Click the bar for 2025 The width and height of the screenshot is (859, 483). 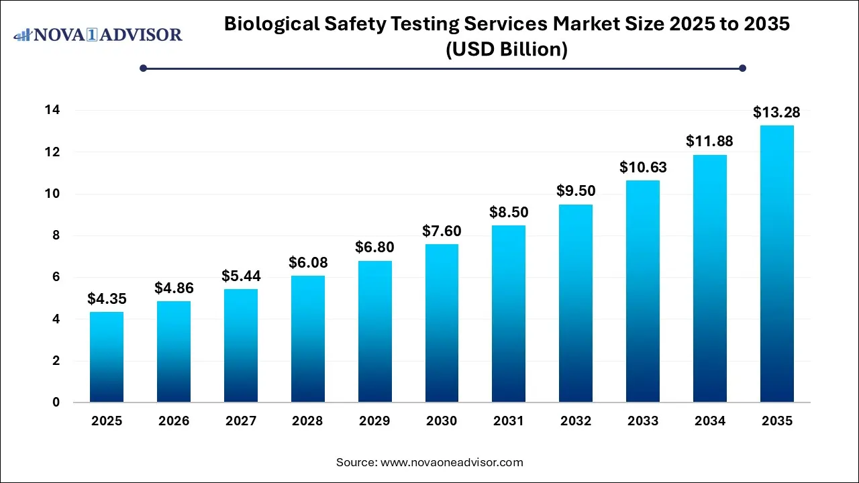point(107,357)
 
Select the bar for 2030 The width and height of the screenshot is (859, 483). point(442,323)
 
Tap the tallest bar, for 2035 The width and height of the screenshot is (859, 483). point(776,264)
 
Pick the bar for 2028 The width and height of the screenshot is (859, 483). point(308,339)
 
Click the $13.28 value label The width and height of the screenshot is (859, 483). point(776,112)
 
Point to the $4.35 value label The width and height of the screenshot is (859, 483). point(107,299)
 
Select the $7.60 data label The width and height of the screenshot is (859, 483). point(442,231)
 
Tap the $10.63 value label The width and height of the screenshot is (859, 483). point(642,167)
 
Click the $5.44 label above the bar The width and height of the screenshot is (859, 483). point(241,276)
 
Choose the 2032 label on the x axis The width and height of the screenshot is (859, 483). point(576,421)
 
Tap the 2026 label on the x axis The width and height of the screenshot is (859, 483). point(174,421)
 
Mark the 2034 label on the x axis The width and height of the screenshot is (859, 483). point(709,421)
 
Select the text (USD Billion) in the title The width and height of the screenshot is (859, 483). point(507,50)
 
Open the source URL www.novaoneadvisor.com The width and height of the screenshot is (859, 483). point(452,462)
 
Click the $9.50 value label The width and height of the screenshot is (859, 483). point(576,191)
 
